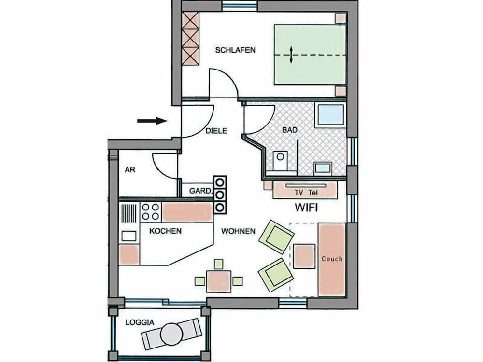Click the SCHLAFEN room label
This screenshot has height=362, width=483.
[235, 50]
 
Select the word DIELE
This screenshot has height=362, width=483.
[216, 130]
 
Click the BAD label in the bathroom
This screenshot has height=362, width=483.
[290, 130]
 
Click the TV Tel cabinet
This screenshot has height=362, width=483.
[305, 191]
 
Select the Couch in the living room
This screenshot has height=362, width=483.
[332, 259]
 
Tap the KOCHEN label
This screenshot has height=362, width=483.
[165, 231]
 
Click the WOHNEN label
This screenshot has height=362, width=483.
[238, 231]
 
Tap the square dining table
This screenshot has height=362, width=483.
[218, 280]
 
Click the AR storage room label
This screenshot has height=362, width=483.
[129, 170]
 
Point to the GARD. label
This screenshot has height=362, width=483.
[200, 191]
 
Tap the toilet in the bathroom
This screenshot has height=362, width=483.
[280, 161]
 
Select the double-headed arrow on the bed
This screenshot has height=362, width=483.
[291, 55]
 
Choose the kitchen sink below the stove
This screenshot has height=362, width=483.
[128, 236]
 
